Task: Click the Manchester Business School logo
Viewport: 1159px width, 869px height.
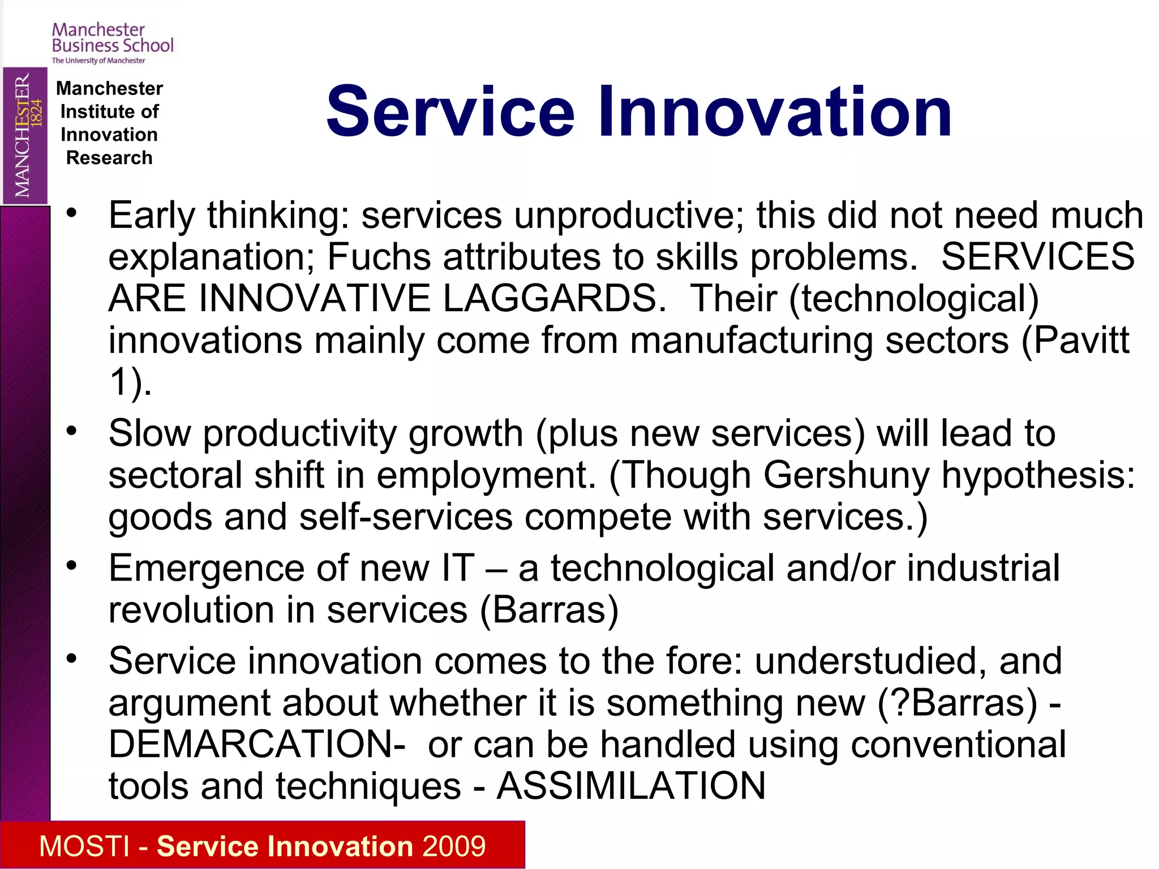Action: (x=112, y=42)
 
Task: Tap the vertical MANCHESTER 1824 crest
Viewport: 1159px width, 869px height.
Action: (x=24, y=135)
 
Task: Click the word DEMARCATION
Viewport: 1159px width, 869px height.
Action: (x=256, y=744)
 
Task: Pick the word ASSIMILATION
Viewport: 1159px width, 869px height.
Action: (x=631, y=786)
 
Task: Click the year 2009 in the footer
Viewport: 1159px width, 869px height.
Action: (x=454, y=846)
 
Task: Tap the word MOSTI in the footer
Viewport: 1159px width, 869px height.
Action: (x=84, y=846)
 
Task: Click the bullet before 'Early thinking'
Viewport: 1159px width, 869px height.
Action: (x=71, y=214)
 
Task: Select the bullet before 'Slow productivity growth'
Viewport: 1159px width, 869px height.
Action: (x=71, y=432)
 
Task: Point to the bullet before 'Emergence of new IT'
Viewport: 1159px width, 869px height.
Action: (x=71, y=566)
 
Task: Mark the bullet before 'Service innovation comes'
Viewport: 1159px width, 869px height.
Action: (x=71, y=659)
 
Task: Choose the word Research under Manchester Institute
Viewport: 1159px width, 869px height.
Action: (x=109, y=158)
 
